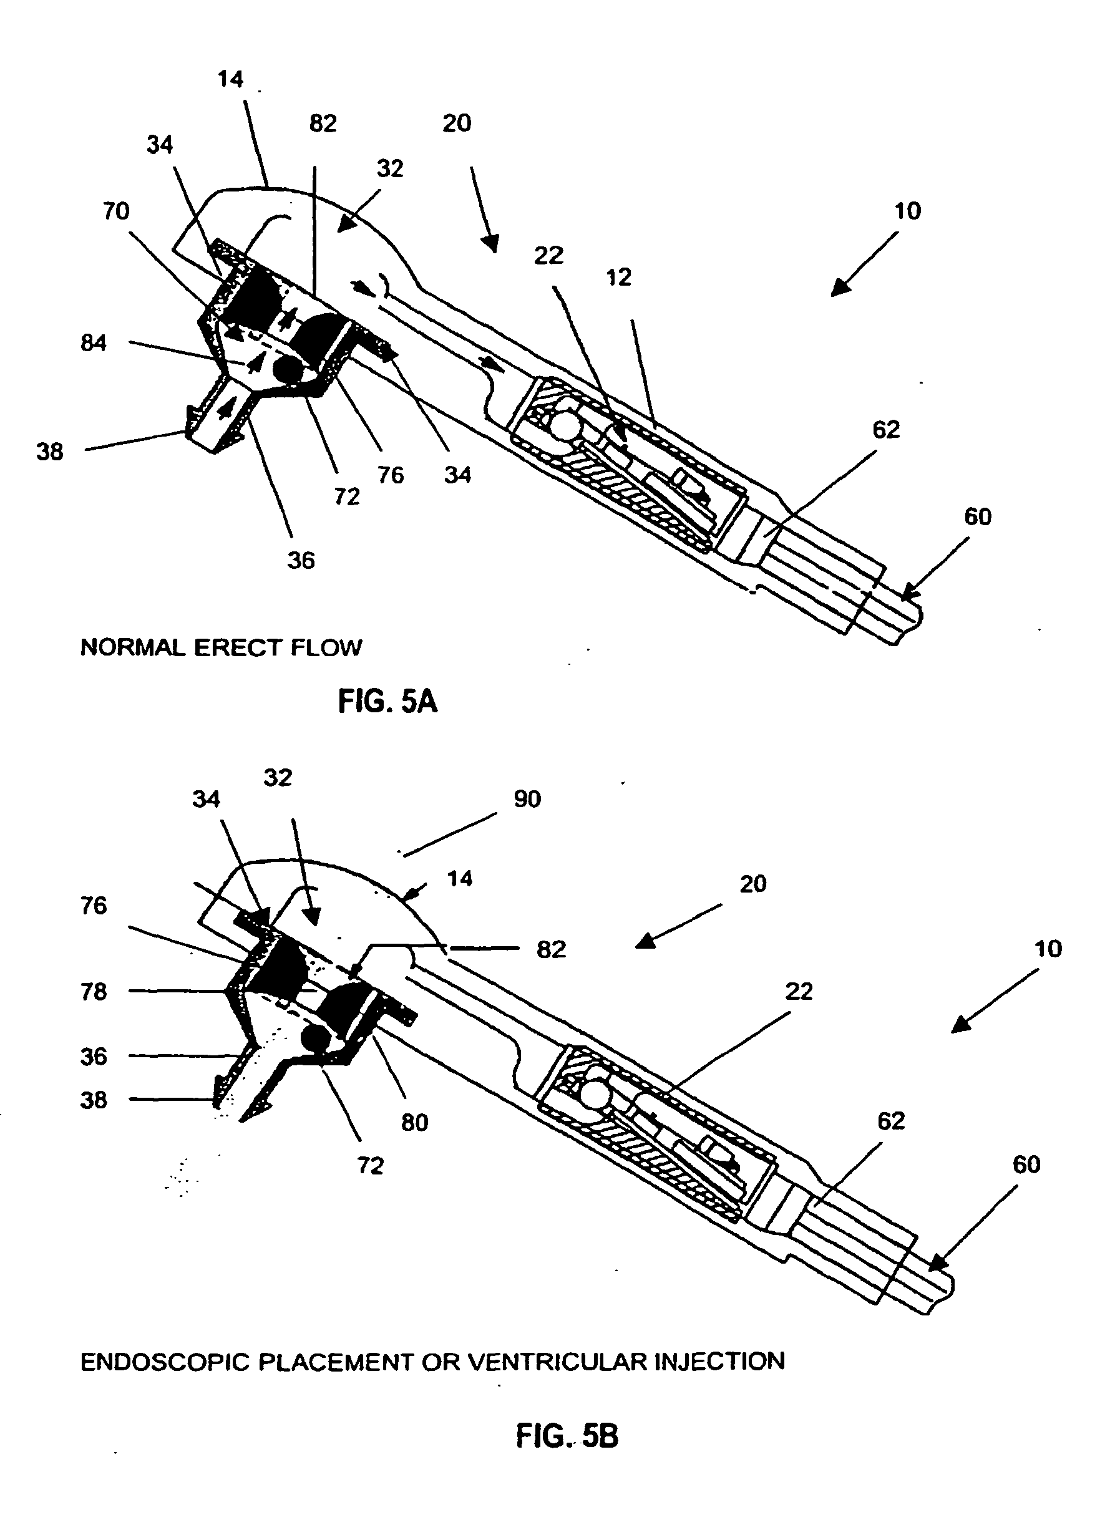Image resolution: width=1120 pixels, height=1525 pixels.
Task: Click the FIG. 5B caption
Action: click(567, 1436)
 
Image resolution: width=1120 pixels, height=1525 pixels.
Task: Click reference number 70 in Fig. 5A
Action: click(116, 211)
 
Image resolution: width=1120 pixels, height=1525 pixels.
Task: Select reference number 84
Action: click(94, 343)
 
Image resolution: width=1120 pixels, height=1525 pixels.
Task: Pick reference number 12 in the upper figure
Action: click(618, 277)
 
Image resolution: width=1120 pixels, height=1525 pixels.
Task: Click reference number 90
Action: click(527, 799)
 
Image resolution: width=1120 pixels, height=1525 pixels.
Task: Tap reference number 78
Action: click(94, 992)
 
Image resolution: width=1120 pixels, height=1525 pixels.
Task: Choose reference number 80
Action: click(414, 1123)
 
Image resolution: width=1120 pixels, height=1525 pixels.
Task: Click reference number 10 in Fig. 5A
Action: click(908, 211)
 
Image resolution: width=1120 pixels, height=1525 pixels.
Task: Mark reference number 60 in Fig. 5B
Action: click(1026, 1164)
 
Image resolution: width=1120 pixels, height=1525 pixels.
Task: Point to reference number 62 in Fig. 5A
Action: click(886, 430)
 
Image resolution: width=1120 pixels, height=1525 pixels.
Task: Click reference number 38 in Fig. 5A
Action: click(49, 452)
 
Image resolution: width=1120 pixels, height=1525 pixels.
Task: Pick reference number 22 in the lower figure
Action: click(799, 992)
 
